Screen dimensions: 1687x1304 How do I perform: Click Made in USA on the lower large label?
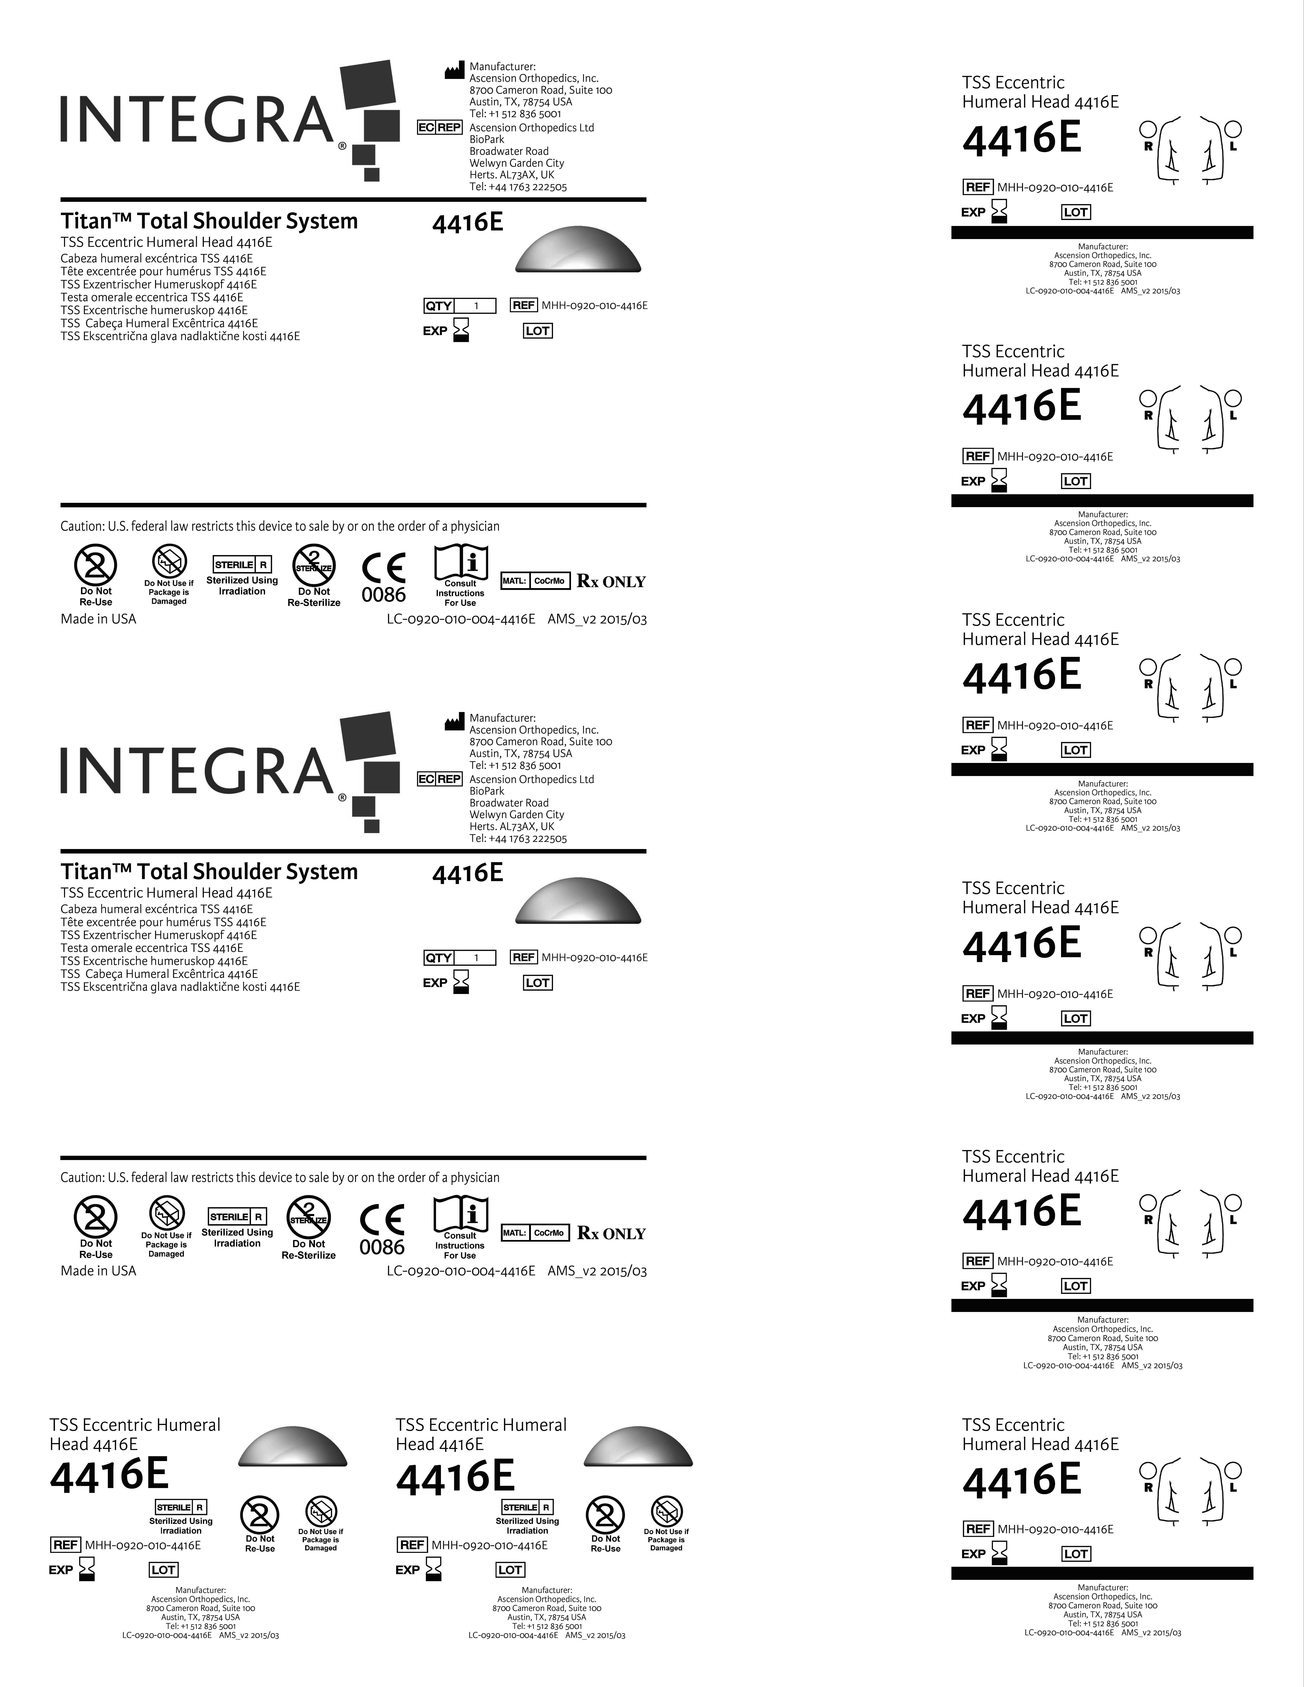(x=98, y=1271)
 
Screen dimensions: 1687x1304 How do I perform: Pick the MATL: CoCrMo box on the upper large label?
(x=535, y=581)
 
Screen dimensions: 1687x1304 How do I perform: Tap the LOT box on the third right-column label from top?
(x=1075, y=750)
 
